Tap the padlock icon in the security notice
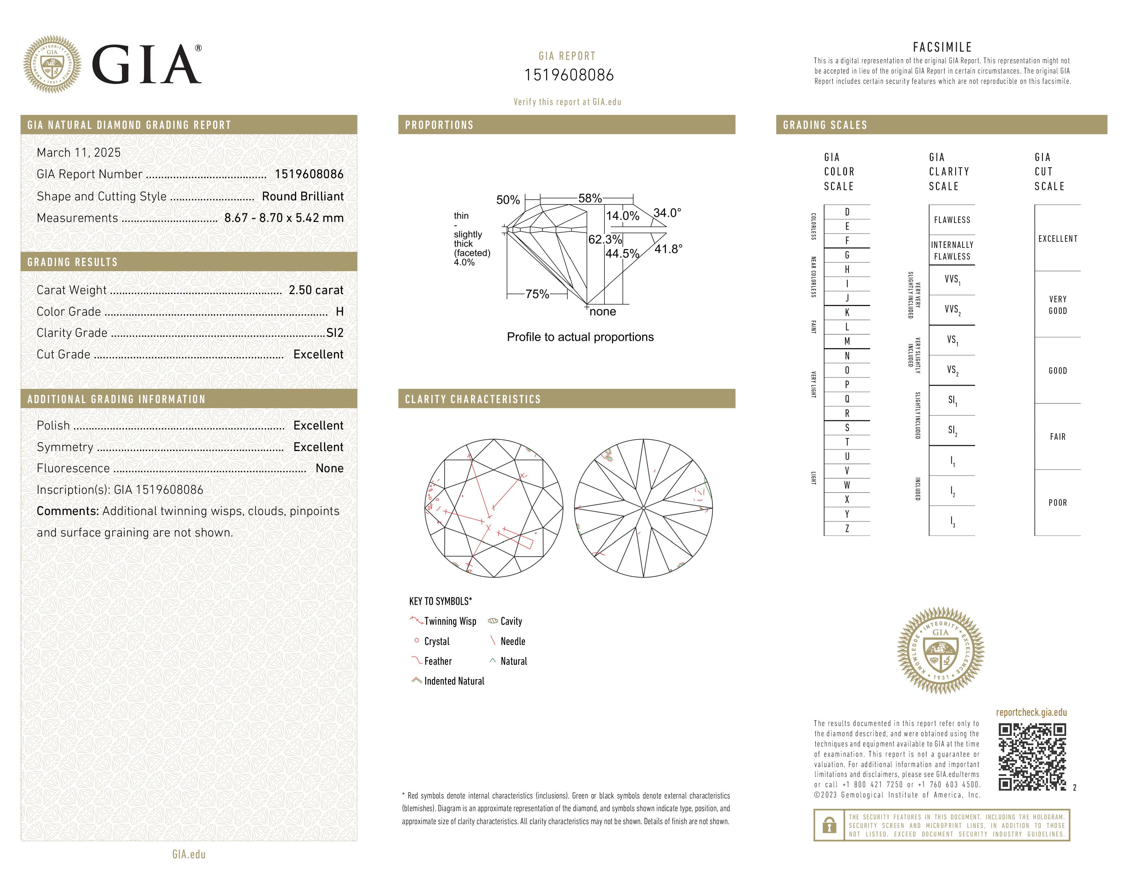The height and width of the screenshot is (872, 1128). [x=829, y=825]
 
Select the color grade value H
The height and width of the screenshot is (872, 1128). [x=339, y=312]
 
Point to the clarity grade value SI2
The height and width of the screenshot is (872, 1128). [x=335, y=333]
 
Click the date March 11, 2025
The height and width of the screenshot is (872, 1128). [x=79, y=153]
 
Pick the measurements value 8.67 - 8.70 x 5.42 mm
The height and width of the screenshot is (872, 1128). [x=284, y=218]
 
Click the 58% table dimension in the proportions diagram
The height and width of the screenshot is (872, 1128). [x=590, y=198]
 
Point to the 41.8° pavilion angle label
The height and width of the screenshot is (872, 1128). [x=668, y=249]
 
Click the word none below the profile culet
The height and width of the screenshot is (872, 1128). [x=603, y=312]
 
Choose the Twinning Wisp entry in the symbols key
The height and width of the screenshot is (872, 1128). [x=450, y=621]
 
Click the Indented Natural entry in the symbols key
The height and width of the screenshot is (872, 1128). [x=454, y=682]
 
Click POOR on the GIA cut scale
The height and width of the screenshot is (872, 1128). [x=1057, y=503]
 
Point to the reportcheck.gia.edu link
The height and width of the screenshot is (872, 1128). [x=1031, y=712]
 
